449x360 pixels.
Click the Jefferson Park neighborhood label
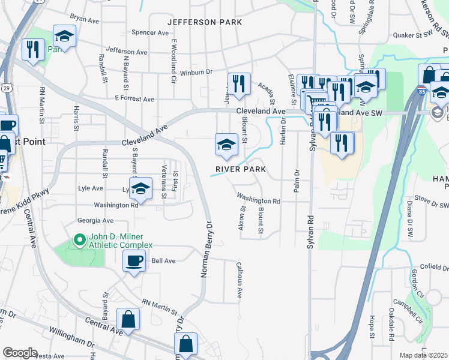pyautogui.click(x=205, y=22)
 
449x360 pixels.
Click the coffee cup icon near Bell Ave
pyautogui.click(x=134, y=260)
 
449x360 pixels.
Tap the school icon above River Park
pyautogui.click(x=226, y=144)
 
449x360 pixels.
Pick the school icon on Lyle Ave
pyautogui.click(x=140, y=188)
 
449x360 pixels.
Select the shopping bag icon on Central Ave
pyautogui.click(x=128, y=319)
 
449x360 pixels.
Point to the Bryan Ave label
pyautogui.click(x=84, y=20)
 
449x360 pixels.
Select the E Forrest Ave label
pyautogui.click(x=134, y=98)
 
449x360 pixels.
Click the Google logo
pyautogui.click(x=20, y=353)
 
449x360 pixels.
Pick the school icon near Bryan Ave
pyautogui.click(x=64, y=36)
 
